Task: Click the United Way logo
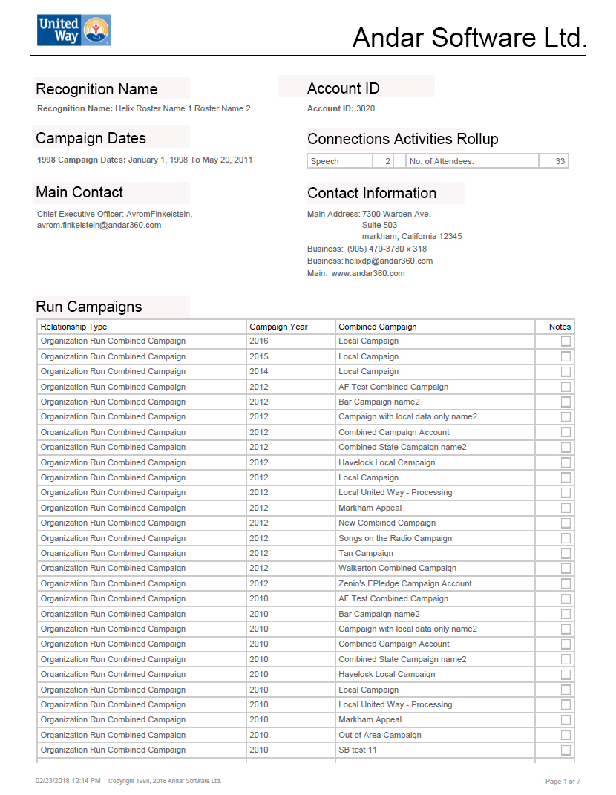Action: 73,30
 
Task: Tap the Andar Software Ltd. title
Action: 469,37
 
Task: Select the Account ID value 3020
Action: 365,108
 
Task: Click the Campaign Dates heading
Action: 91,138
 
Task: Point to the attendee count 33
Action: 560,161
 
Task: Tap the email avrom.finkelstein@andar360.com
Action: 99,226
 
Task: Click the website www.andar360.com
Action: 367,273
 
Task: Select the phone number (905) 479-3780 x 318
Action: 387,249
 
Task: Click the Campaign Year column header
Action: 278,327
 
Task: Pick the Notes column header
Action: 560,327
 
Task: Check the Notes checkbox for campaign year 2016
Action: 566,341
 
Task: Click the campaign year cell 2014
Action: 259,371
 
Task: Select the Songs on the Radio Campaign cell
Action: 395,538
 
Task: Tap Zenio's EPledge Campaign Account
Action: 405,583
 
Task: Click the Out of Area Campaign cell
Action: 380,735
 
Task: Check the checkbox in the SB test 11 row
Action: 566,750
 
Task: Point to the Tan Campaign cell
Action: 366,553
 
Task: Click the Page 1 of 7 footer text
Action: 563,781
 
